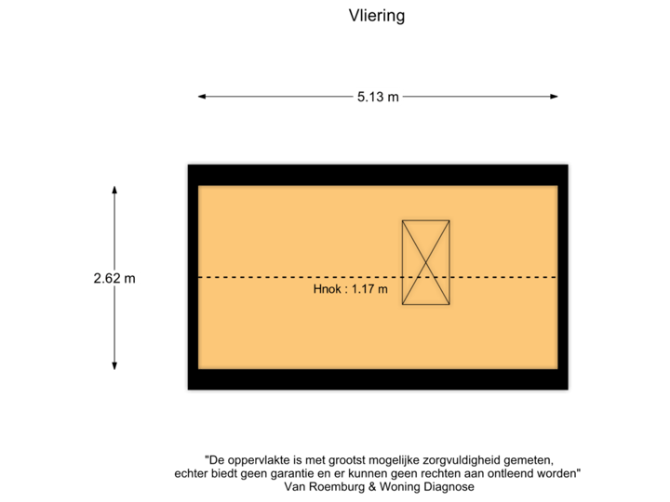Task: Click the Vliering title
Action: (377, 16)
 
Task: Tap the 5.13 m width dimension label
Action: (378, 97)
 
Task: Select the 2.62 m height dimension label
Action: (114, 278)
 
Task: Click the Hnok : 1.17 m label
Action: (351, 289)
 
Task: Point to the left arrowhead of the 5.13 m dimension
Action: (202, 97)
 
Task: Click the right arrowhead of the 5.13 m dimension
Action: (554, 97)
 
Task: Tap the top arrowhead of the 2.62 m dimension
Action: (114, 190)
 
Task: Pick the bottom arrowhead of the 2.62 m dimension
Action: (114, 365)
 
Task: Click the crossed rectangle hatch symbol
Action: (425, 262)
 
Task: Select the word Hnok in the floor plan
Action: (328, 289)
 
